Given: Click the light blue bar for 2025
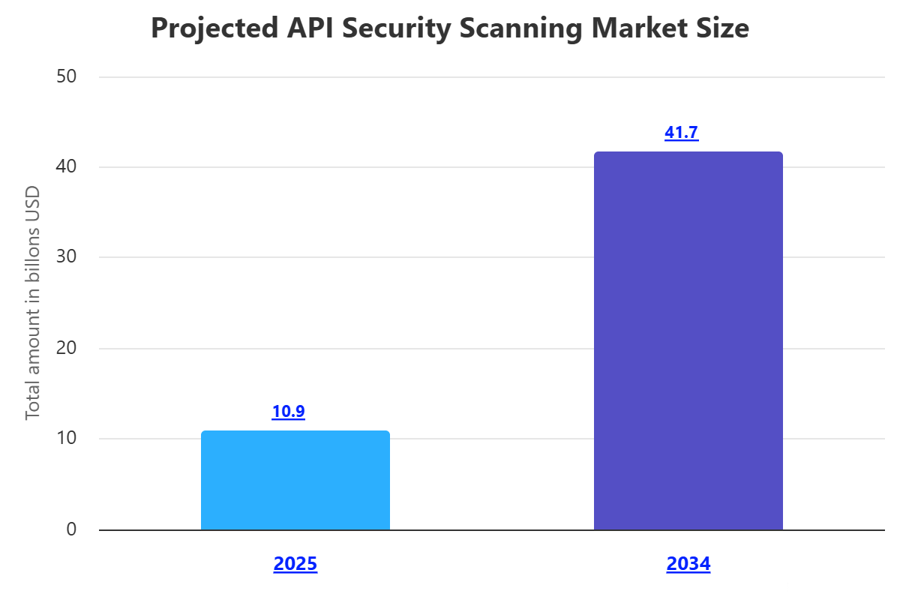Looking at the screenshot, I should click(295, 480).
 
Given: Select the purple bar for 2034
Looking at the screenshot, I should click(688, 341).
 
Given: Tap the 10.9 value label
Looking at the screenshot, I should click(288, 411).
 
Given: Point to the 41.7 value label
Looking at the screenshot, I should click(681, 133).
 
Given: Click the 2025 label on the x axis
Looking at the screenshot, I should click(295, 564).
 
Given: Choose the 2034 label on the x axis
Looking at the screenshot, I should click(688, 564).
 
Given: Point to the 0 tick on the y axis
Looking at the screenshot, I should click(71, 529).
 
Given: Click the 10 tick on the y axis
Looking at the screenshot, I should click(67, 439).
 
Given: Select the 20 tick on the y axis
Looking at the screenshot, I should click(67, 348).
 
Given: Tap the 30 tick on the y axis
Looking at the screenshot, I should click(67, 257).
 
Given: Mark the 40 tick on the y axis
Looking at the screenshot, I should click(67, 166).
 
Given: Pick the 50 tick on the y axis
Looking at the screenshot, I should click(67, 76).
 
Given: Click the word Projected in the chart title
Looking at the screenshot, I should click(214, 28).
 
